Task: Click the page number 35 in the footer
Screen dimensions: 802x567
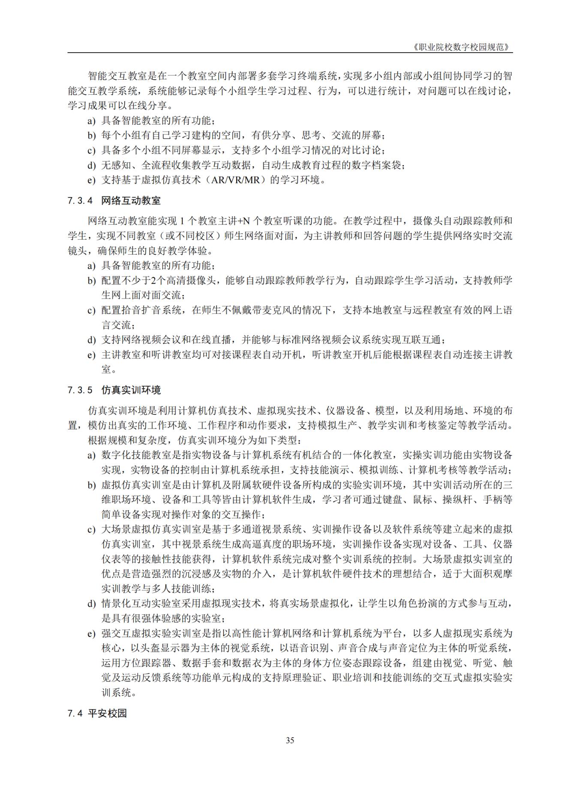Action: point(290,752)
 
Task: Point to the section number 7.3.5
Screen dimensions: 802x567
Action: point(80,390)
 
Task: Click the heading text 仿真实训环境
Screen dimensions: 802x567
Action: point(131,390)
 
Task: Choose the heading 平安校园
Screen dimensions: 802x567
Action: point(107,713)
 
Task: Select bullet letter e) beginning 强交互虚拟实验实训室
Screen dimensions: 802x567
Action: point(91,634)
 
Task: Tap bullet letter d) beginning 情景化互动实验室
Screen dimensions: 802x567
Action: point(91,604)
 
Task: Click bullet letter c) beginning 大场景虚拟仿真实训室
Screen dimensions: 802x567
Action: point(91,530)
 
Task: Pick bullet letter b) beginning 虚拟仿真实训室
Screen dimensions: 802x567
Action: point(91,485)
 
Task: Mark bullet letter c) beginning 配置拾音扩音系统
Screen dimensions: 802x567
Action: point(91,310)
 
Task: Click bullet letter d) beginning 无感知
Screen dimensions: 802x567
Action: point(91,165)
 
